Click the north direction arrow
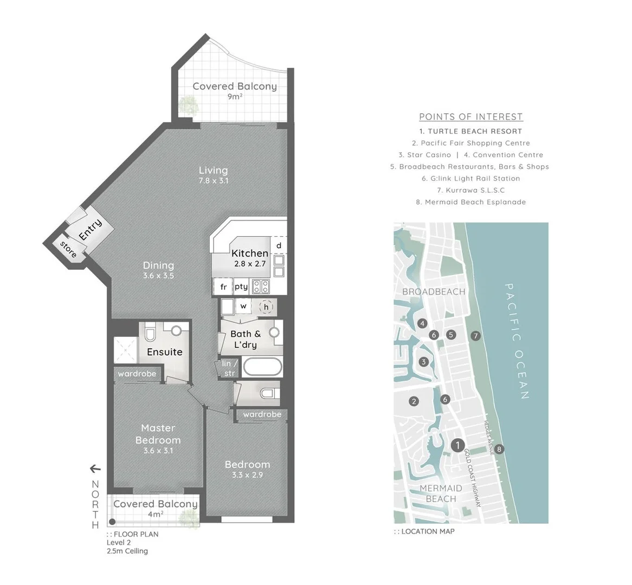coord(95,469)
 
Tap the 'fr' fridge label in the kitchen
coord(223,287)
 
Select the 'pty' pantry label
coord(241,287)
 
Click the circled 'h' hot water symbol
coord(266,307)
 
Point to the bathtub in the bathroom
coord(262,367)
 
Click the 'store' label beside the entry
coord(68,249)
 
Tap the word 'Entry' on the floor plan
coord(90,230)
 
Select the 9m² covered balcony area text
coord(235,97)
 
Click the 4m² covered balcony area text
coord(156,514)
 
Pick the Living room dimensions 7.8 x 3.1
coord(213,181)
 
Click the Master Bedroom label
coord(158,434)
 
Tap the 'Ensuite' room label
coord(165,352)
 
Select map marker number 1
coord(458,445)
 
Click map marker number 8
coord(499,448)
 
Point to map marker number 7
coord(475,335)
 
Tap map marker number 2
coord(414,401)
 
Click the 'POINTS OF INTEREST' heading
coord(470,116)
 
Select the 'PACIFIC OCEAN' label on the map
coord(516,341)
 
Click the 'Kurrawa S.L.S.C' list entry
coord(470,190)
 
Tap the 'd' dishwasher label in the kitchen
coord(279,245)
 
